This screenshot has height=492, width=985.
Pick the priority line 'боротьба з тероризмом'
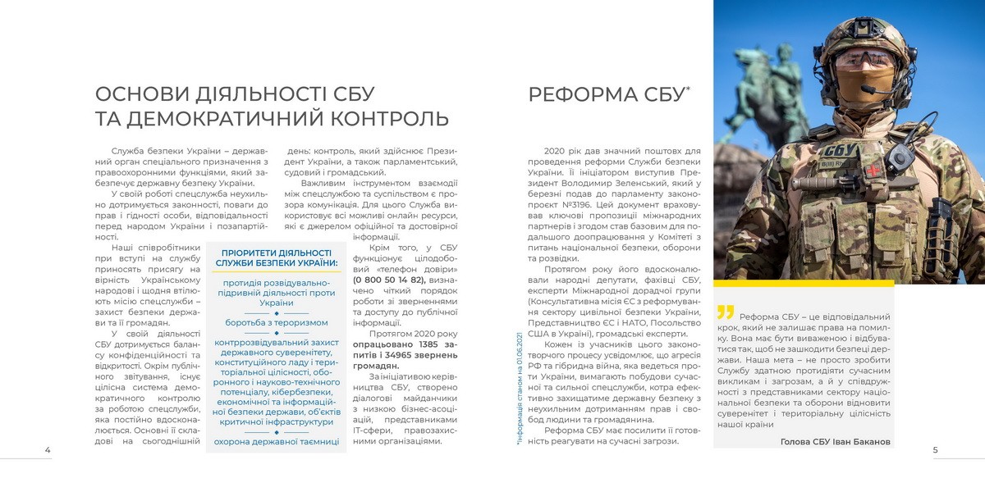coord(277,322)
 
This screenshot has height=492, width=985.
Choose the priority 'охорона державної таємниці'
coord(277,441)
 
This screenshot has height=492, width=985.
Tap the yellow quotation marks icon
coord(725,312)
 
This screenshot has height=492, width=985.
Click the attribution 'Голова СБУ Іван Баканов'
coord(835,441)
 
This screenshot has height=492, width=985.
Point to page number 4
coord(48,450)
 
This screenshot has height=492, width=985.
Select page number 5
coord(936,450)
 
